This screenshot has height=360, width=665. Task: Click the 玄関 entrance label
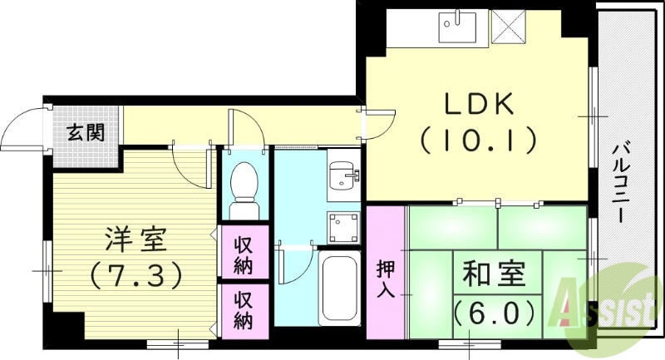point(86,131)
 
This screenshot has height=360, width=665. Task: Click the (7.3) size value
point(135,273)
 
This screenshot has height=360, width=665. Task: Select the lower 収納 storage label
point(244,310)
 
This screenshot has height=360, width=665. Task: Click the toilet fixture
point(244,182)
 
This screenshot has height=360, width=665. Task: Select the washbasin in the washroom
point(341,175)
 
